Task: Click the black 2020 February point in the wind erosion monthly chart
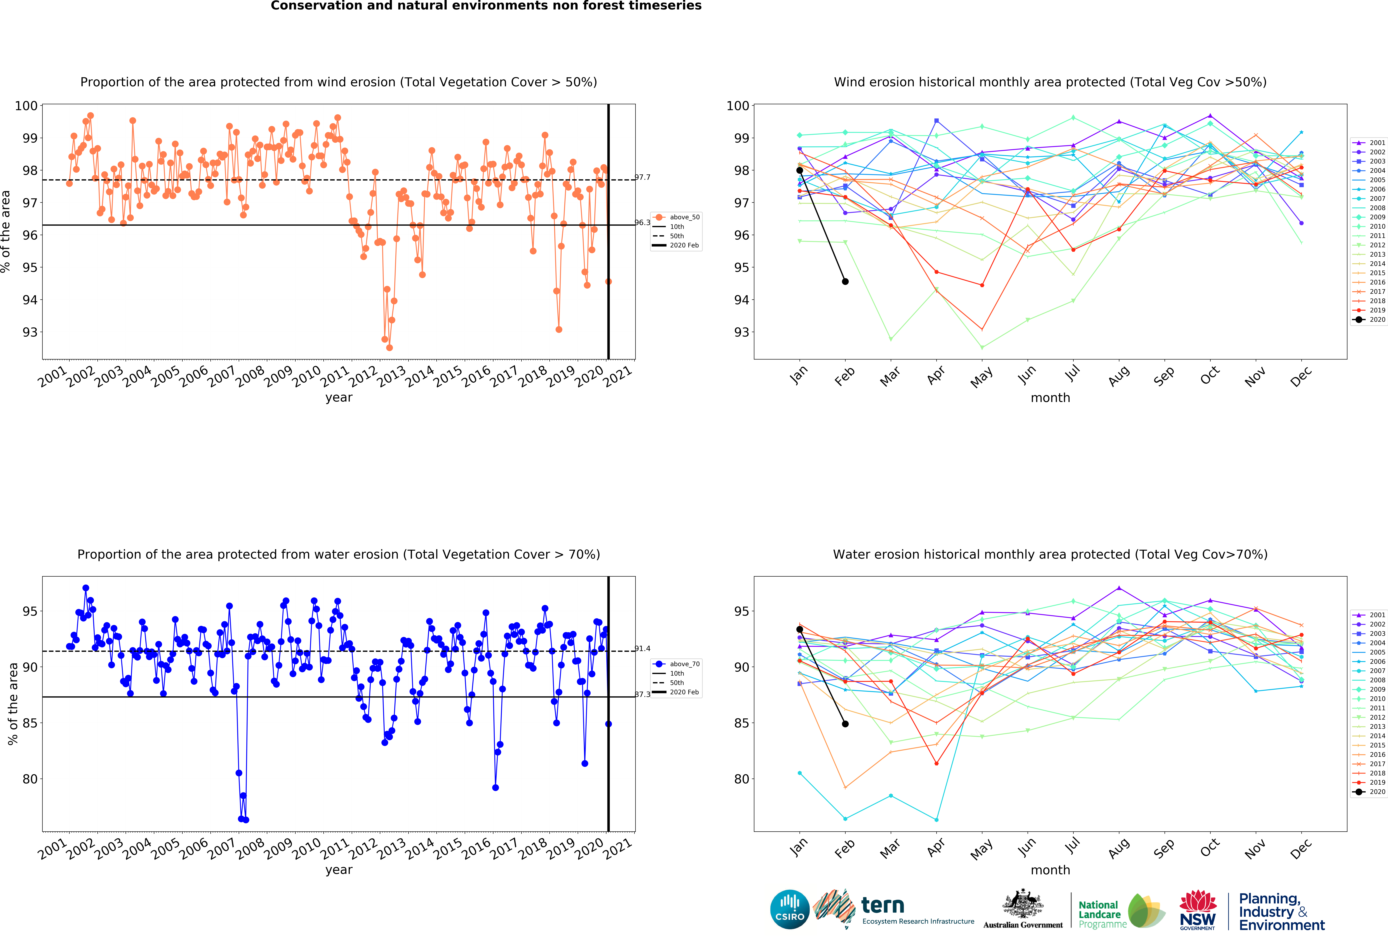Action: (x=845, y=281)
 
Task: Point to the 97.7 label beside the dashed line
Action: (x=643, y=177)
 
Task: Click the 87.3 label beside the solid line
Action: (x=643, y=695)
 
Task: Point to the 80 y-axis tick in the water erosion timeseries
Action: (x=30, y=779)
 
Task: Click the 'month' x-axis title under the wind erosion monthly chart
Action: (x=1051, y=398)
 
